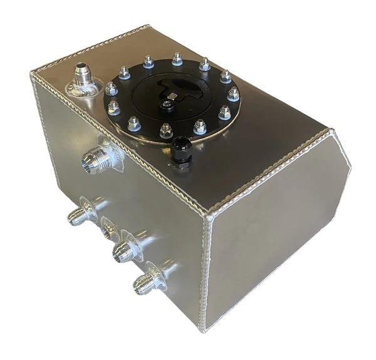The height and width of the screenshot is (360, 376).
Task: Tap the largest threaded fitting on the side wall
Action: point(94,161)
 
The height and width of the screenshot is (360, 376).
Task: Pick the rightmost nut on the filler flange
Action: point(233,94)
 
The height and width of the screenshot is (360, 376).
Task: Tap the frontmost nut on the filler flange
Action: point(166,131)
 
